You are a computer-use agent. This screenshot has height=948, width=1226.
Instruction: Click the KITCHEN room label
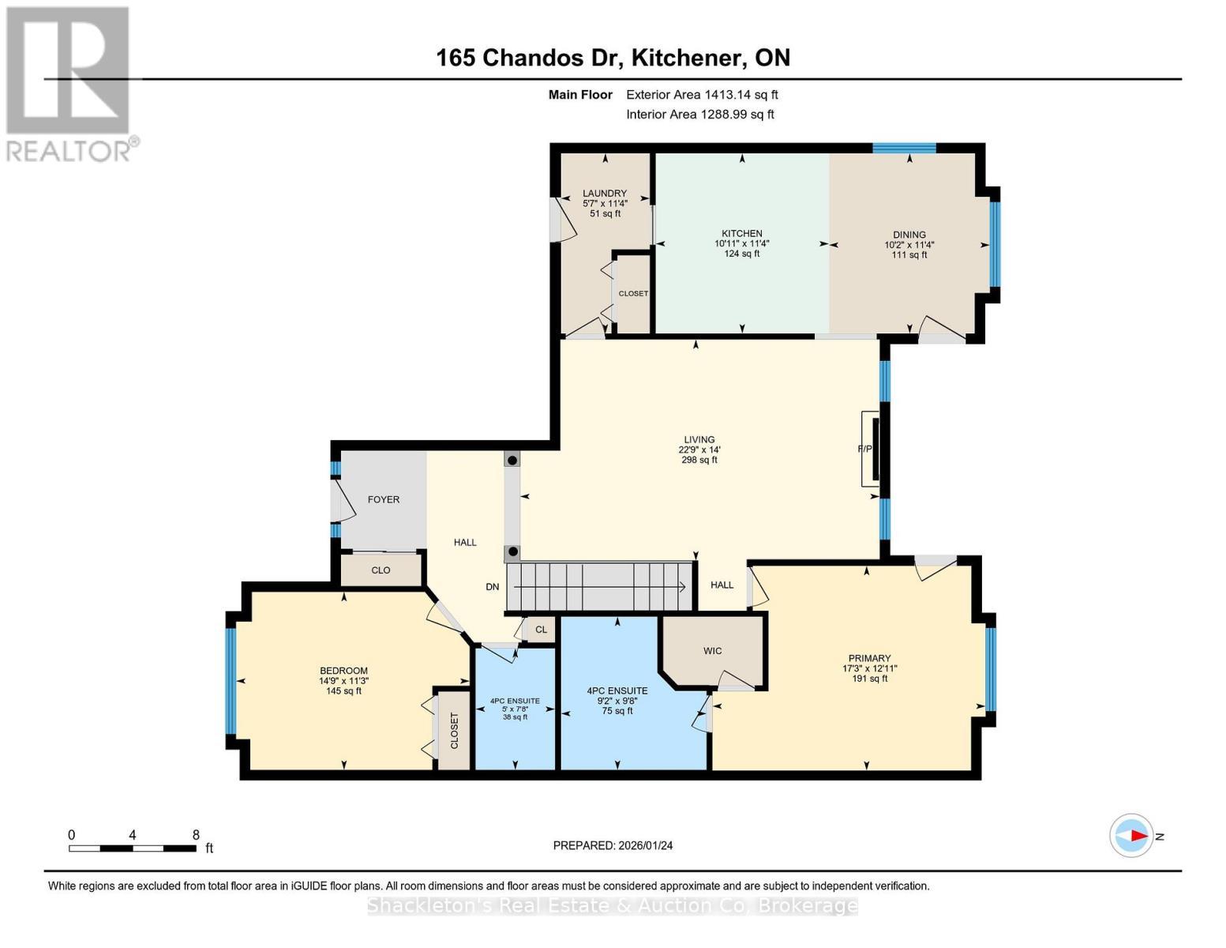coord(741,234)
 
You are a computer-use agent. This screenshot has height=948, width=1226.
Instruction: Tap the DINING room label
coord(909,235)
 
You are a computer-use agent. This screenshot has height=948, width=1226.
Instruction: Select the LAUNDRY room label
coord(604,194)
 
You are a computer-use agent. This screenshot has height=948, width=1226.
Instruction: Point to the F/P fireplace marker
coord(865,449)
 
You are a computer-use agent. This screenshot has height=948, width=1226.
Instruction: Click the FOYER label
coord(384,499)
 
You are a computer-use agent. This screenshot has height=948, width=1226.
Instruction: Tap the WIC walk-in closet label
coord(712,651)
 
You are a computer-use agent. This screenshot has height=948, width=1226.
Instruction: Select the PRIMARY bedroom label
coord(869,658)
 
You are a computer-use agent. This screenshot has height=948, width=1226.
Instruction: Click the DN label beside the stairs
coord(492,587)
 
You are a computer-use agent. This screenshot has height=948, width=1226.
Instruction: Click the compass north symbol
coord(1131,836)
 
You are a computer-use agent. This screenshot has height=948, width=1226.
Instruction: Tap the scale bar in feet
coord(133,848)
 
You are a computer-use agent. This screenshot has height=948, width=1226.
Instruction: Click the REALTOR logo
coord(69,83)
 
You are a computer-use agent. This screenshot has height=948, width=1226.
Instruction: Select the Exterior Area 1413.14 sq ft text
coord(702,95)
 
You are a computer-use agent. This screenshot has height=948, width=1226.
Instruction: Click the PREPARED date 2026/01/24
coord(613,845)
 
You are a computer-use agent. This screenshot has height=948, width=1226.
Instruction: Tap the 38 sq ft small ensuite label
coord(515,717)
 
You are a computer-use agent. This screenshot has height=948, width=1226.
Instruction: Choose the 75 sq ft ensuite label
coord(617,711)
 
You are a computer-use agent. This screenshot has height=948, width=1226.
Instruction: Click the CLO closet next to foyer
coord(381,570)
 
